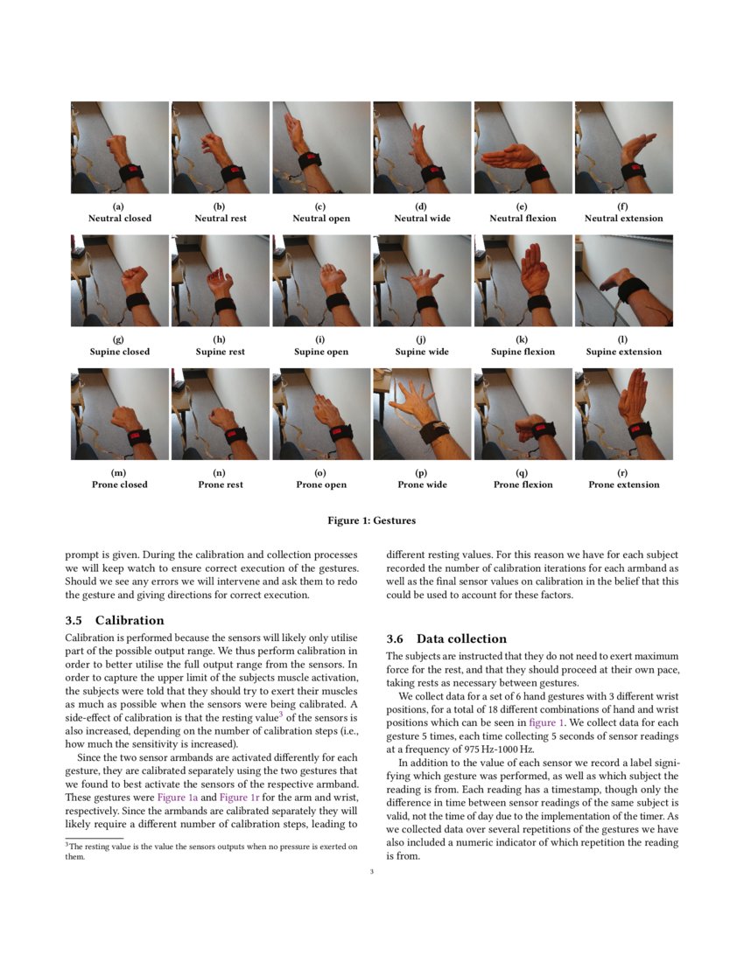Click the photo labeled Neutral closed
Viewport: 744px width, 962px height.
click(120, 147)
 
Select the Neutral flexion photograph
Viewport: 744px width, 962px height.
click(523, 147)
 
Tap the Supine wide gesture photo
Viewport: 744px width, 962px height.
click(422, 280)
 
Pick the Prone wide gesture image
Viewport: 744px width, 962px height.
click(422, 414)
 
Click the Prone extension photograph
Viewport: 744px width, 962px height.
click(623, 414)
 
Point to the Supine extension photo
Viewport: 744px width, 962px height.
click(623, 280)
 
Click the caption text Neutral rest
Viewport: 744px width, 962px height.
click(220, 218)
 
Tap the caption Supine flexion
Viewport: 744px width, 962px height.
click(523, 352)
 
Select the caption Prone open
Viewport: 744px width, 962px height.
click(321, 484)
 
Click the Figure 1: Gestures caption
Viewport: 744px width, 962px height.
click(371, 520)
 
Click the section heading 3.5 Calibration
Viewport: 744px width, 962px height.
click(115, 620)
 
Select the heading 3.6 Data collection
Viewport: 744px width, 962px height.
click(446, 638)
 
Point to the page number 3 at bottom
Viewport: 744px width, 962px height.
click(372, 871)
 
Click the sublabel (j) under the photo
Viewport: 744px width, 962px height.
click(422, 339)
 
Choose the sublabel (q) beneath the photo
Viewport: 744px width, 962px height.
click(523, 472)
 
